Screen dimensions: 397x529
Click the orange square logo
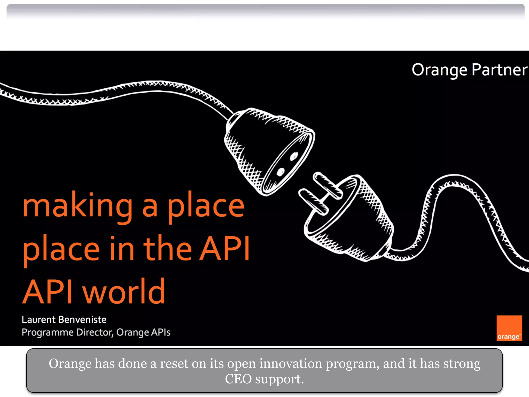509,328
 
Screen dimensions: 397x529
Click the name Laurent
38,320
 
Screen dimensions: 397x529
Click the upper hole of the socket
294,156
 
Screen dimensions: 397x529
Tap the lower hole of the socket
280,172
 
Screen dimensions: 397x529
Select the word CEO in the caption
238,379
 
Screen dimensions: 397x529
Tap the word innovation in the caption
291,363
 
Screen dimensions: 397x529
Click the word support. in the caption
279,379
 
